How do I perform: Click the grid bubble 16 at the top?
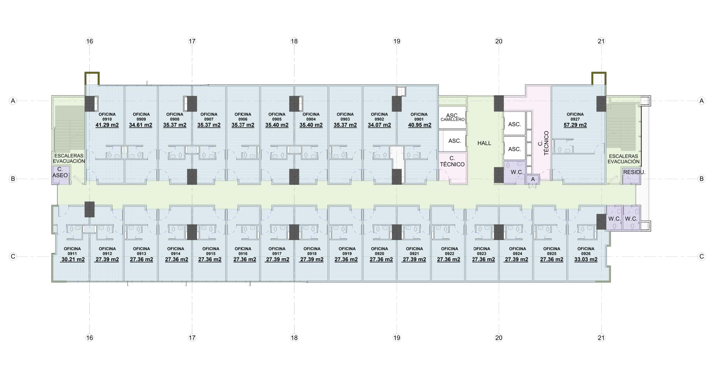click(90, 41)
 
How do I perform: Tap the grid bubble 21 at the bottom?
click(601, 338)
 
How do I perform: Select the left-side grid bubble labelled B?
click(13, 179)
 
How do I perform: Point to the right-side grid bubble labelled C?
click(701, 256)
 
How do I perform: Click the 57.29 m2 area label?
click(575, 125)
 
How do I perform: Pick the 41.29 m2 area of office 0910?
click(107, 125)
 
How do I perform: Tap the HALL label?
click(484, 143)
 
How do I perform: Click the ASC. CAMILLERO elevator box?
click(452, 117)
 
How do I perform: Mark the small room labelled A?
click(533, 179)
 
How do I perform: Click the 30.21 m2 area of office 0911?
click(73, 260)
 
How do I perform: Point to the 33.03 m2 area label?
click(586, 260)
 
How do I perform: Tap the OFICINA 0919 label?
click(347, 251)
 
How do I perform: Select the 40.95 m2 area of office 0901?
click(419, 125)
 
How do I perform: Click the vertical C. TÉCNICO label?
click(543, 143)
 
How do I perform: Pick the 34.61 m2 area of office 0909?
click(141, 125)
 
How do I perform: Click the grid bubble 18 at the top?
click(294, 41)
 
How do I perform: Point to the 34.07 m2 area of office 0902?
click(379, 125)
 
